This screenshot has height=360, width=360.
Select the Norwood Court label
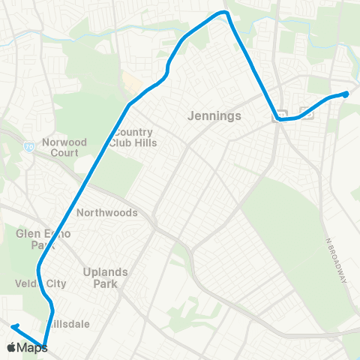pyautogui.click(x=64, y=147)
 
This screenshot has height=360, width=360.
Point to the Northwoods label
pyautogui.click(x=107, y=212)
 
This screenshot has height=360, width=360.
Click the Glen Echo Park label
pyautogui.click(x=43, y=239)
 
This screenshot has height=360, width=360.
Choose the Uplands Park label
pyautogui.click(x=106, y=277)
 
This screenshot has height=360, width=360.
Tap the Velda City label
pyautogui.click(x=40, y=283)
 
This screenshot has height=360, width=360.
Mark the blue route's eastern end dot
pyautogui.click(x=346, y=94)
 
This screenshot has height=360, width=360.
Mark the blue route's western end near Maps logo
pyautogui.click(x=13, y=326)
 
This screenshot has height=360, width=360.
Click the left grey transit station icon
pyautogui.click(x=281, y=115)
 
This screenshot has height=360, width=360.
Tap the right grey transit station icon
pyautogui.click(x=306, y=112)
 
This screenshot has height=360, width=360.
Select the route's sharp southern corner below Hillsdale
pyautogui.click(x=45, y=346)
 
